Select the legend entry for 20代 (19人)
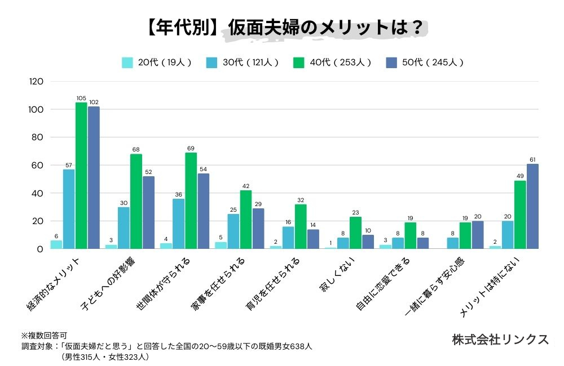[157, 63]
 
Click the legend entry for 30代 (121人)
[243, 63]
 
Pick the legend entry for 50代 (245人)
[424, 63]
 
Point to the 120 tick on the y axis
[36, 82]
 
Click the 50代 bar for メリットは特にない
[532, 206]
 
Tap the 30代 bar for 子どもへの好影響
[124, 228]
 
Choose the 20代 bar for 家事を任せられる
[221, 246]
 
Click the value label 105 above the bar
[81, 98]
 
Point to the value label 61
[532, 159]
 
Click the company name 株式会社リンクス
[500, 340]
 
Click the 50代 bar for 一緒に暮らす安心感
[478, 235]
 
